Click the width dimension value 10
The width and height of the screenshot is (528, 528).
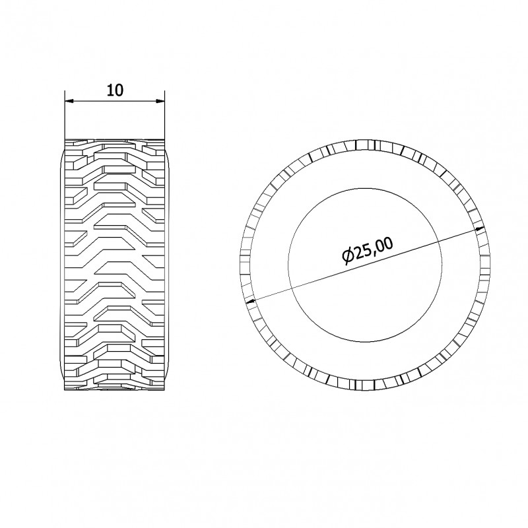(x=115, y=90)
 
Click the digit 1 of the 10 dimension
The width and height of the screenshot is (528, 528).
(x=110, y=90)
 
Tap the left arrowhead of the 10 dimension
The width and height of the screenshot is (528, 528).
(x=69, y=101)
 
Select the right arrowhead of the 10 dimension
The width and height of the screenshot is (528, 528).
(x=160, y=101)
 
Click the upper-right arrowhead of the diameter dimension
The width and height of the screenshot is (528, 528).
(x=480, y=228)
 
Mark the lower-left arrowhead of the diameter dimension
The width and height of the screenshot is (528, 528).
(x=251, y=302)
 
